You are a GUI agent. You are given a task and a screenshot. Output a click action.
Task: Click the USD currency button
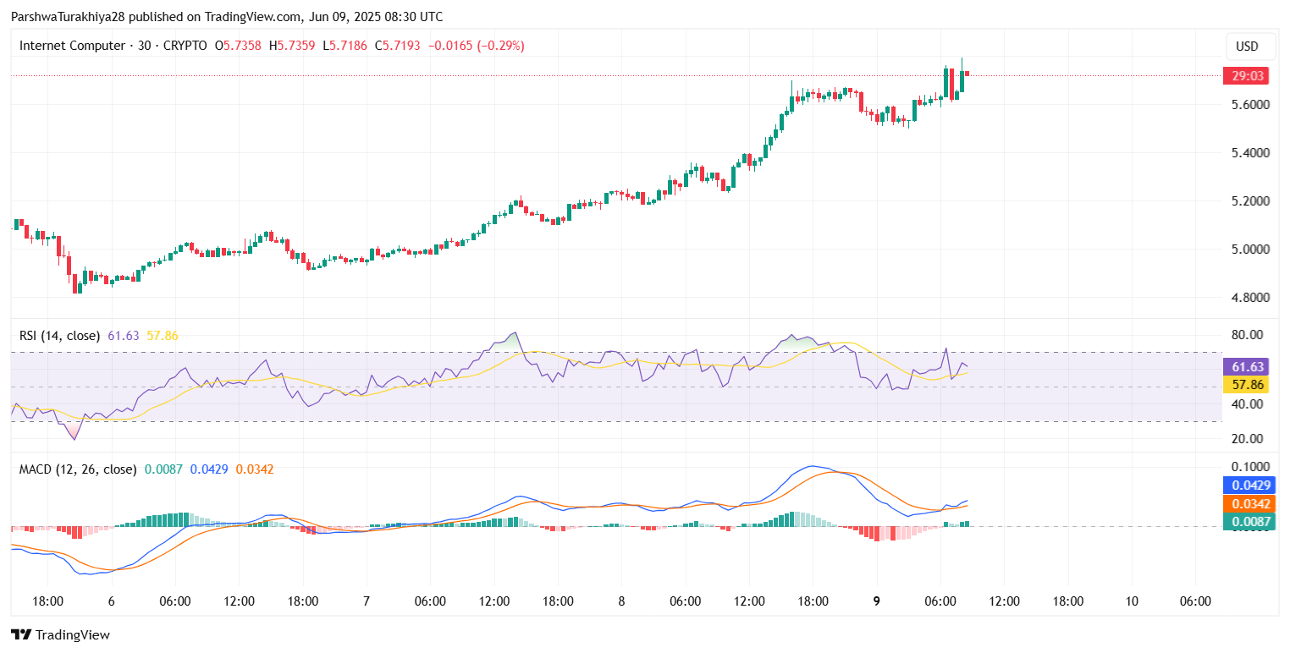pyautogui.click(x=1248, y=47)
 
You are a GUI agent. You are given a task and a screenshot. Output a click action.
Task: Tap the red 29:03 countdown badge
pyautogui.click(x=1249, y=76)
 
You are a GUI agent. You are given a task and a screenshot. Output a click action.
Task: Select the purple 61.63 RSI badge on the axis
pyautogui.click(x=1249, y=367)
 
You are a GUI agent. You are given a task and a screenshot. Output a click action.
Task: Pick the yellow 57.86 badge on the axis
pyautogui.click(x=1249, y=385)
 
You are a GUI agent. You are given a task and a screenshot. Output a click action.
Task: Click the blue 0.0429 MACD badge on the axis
pyautogui.click(x=1249, y=486)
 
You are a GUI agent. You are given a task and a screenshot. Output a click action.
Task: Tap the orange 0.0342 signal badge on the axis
pyautogui.click(x=1249, y=504)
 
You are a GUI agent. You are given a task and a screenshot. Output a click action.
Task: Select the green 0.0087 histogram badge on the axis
pyautogui.click(x=1249, y=522)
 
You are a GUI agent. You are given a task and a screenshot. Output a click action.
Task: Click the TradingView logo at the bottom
pyautogui.click(x=60, y=634)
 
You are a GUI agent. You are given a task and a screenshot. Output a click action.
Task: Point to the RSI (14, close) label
pyautogui.click(x=59, y=336)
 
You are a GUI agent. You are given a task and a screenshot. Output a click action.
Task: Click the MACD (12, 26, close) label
pyautogui.click(x=78, y=469)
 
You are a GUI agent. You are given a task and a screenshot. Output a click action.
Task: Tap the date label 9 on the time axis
pyautogui.click(x=876, y=601)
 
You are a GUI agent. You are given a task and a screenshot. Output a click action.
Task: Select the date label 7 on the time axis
pyautogui.click(x=366, y=601)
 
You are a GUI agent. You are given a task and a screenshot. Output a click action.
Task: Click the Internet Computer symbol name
pyautogui.click(x=72, y=46)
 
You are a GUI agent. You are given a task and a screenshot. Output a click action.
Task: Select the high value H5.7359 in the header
pyautogui.click(x=292, y=46)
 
